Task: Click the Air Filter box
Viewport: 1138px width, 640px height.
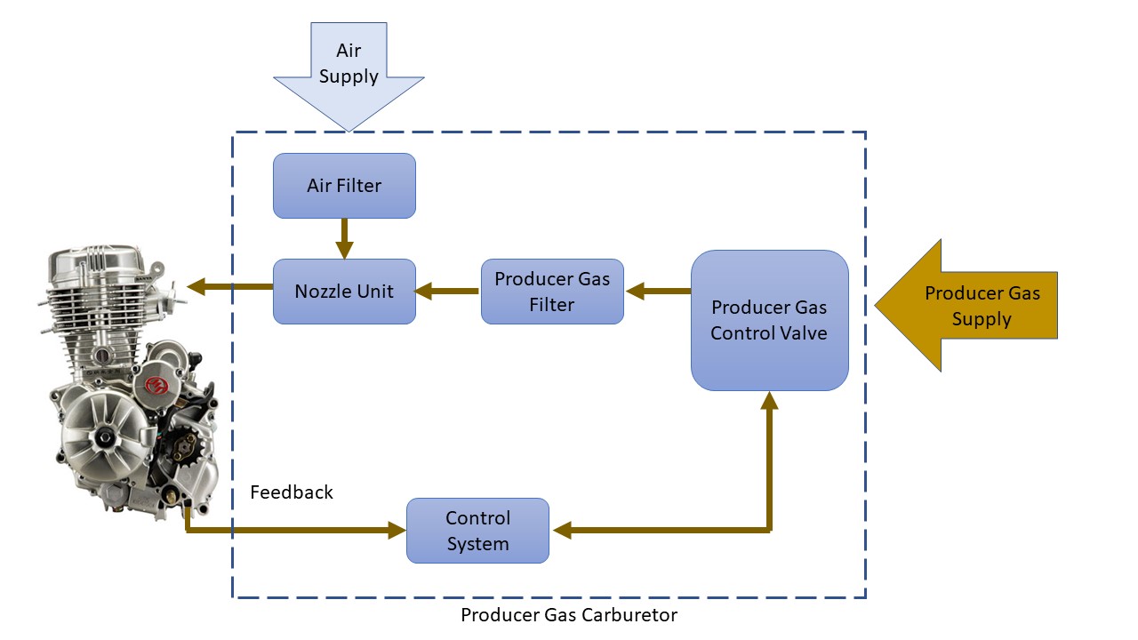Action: coord(344,186)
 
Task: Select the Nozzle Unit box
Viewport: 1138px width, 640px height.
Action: coord(344,291)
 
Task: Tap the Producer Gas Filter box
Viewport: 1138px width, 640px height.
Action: coord(552,291)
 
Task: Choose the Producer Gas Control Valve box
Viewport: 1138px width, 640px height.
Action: coord(769,320)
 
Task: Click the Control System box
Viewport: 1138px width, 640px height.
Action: coord(477,531)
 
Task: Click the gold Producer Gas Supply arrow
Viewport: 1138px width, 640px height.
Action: coord(969,306)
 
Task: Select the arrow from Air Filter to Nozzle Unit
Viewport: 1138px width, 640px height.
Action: coord(344,238)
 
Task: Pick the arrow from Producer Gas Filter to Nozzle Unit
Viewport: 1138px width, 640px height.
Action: coord(448,290)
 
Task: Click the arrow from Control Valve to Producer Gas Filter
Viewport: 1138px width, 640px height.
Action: coord(657,290)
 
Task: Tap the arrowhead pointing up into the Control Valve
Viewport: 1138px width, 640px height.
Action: coord(770,402)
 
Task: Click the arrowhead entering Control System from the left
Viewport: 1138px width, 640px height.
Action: coord(396,531)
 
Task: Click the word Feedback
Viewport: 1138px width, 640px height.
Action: coord(292,492)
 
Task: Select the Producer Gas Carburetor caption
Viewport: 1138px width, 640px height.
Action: coord(569,615)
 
